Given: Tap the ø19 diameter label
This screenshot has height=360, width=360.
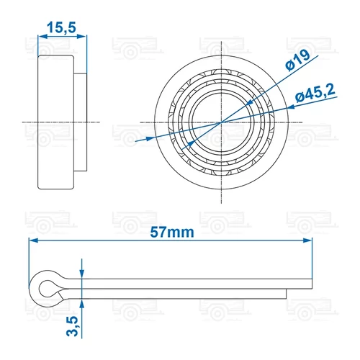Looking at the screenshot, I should [x=297, y=63].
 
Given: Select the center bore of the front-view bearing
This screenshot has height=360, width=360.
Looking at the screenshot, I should [x=218, y=123].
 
